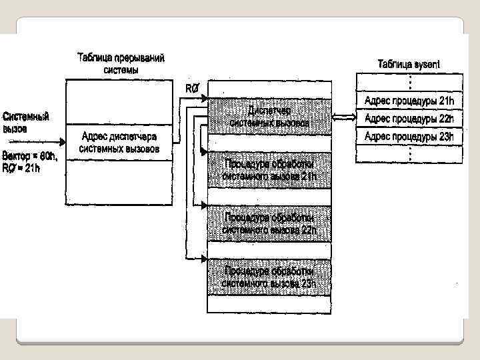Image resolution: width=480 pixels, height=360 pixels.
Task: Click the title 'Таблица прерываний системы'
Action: tap(121, 63)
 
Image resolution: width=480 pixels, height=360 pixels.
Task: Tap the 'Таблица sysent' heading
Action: tap(409, 64)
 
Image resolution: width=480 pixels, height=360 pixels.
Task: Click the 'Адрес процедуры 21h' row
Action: tap(409, 101)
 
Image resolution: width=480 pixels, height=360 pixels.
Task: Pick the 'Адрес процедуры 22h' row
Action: tap(409, 119)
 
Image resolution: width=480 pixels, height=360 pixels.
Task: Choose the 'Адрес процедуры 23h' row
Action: tap(409, 137)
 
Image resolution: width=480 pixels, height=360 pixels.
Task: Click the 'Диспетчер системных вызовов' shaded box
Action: tap(269, 116)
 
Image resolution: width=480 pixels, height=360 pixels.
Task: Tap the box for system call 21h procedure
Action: tap(269, 170)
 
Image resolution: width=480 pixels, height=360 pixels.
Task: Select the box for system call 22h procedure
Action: tap(269, 223)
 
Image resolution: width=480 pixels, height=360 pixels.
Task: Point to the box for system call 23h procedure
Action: tap(269, 277)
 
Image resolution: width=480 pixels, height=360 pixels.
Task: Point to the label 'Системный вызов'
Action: tap(26, 123)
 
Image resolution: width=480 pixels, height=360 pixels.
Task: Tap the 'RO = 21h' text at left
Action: tap(22, 168)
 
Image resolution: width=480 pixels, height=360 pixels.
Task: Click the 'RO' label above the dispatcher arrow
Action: tap(191, 88)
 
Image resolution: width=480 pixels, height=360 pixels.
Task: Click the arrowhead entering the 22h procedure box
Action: tap(204, 205)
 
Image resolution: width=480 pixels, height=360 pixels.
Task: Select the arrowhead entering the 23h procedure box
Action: tap(204, 259)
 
